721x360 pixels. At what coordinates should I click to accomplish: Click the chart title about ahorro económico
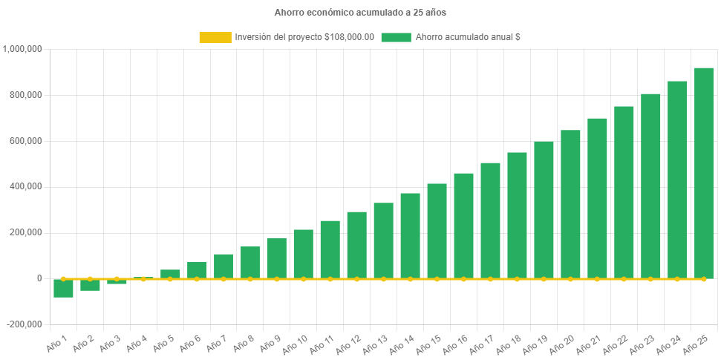(x=360, y=13)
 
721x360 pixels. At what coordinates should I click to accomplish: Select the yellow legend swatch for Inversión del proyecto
(x=215, y=37)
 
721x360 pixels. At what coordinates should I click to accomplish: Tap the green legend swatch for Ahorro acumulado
(x=396, y=37)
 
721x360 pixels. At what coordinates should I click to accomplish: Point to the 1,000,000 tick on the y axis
(x=22, y=49)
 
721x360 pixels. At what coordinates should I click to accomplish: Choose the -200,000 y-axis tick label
(x=25, y=324)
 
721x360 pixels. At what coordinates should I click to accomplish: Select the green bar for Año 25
(x=703, y=173)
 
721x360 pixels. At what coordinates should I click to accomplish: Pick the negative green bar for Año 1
(x=63, y=288)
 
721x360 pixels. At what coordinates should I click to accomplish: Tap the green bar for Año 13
(x=383, y=240)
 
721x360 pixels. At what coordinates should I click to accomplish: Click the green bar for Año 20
(x=570, y=204)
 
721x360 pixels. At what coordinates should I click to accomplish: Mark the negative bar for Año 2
(x=90, y=285)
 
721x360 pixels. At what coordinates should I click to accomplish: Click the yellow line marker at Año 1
(x=63, y=278)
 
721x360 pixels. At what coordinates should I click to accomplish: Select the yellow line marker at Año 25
(x=703, y=278)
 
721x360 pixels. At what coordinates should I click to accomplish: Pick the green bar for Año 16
(x=463, y=226)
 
